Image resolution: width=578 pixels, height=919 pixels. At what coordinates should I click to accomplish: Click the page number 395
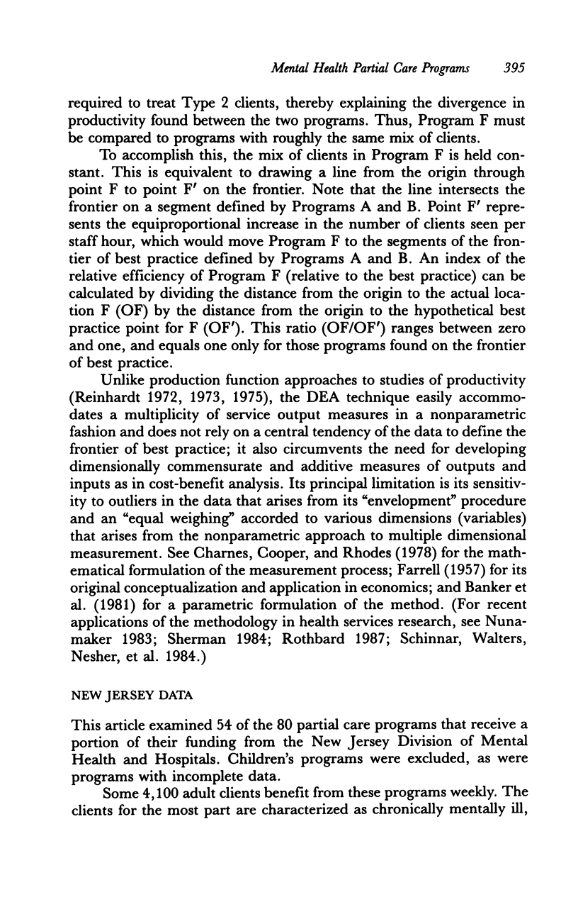click(510, 69)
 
